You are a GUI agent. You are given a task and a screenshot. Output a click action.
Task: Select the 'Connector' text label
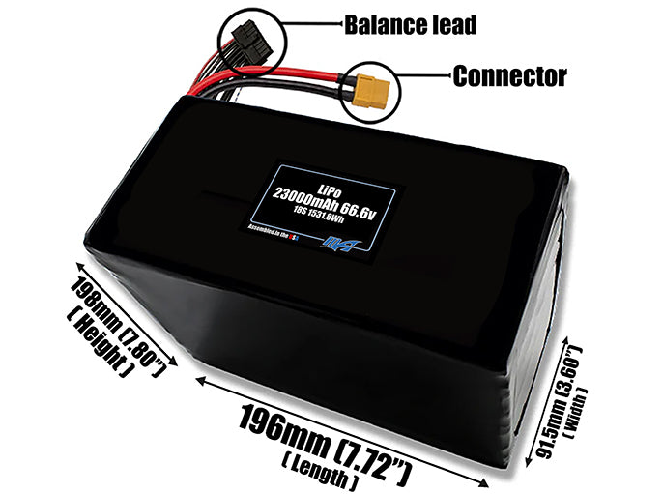pos(509,75)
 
